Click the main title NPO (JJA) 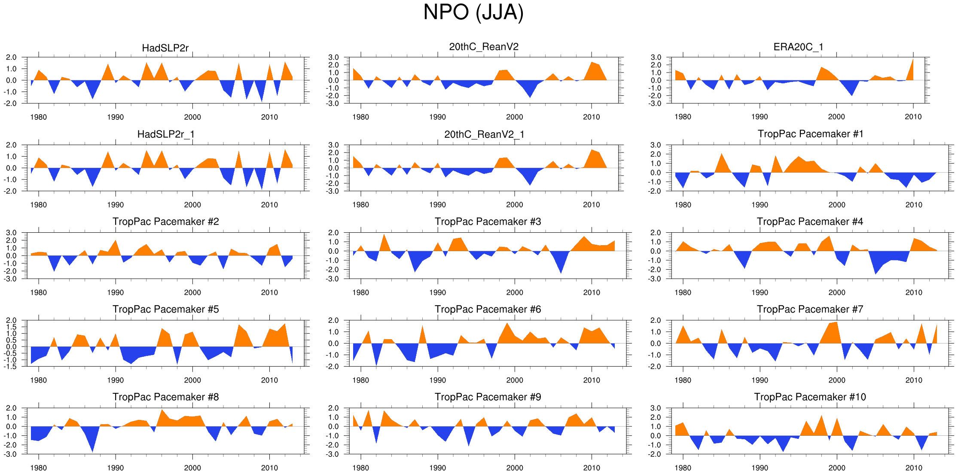coord(473,12)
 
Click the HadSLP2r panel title coord(165,48)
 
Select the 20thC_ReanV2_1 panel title coord(484,134)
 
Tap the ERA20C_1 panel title coord(798,47)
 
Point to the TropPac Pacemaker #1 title coord(810,134)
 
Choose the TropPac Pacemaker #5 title coord(165,309)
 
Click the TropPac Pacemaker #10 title coord(810,397)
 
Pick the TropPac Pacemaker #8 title coord(165,397)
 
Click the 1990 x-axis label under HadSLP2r coord(115,117)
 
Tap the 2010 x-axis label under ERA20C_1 coord(913,117)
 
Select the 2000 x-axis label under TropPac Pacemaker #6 coord(514,380)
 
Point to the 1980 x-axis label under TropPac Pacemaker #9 coord(360,468)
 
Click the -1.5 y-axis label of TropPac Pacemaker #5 coord(11,367)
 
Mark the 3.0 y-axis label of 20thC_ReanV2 coord(333,57)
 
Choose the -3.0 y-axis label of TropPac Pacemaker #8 coord(11,454)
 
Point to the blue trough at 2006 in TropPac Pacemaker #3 coord(561,266)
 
